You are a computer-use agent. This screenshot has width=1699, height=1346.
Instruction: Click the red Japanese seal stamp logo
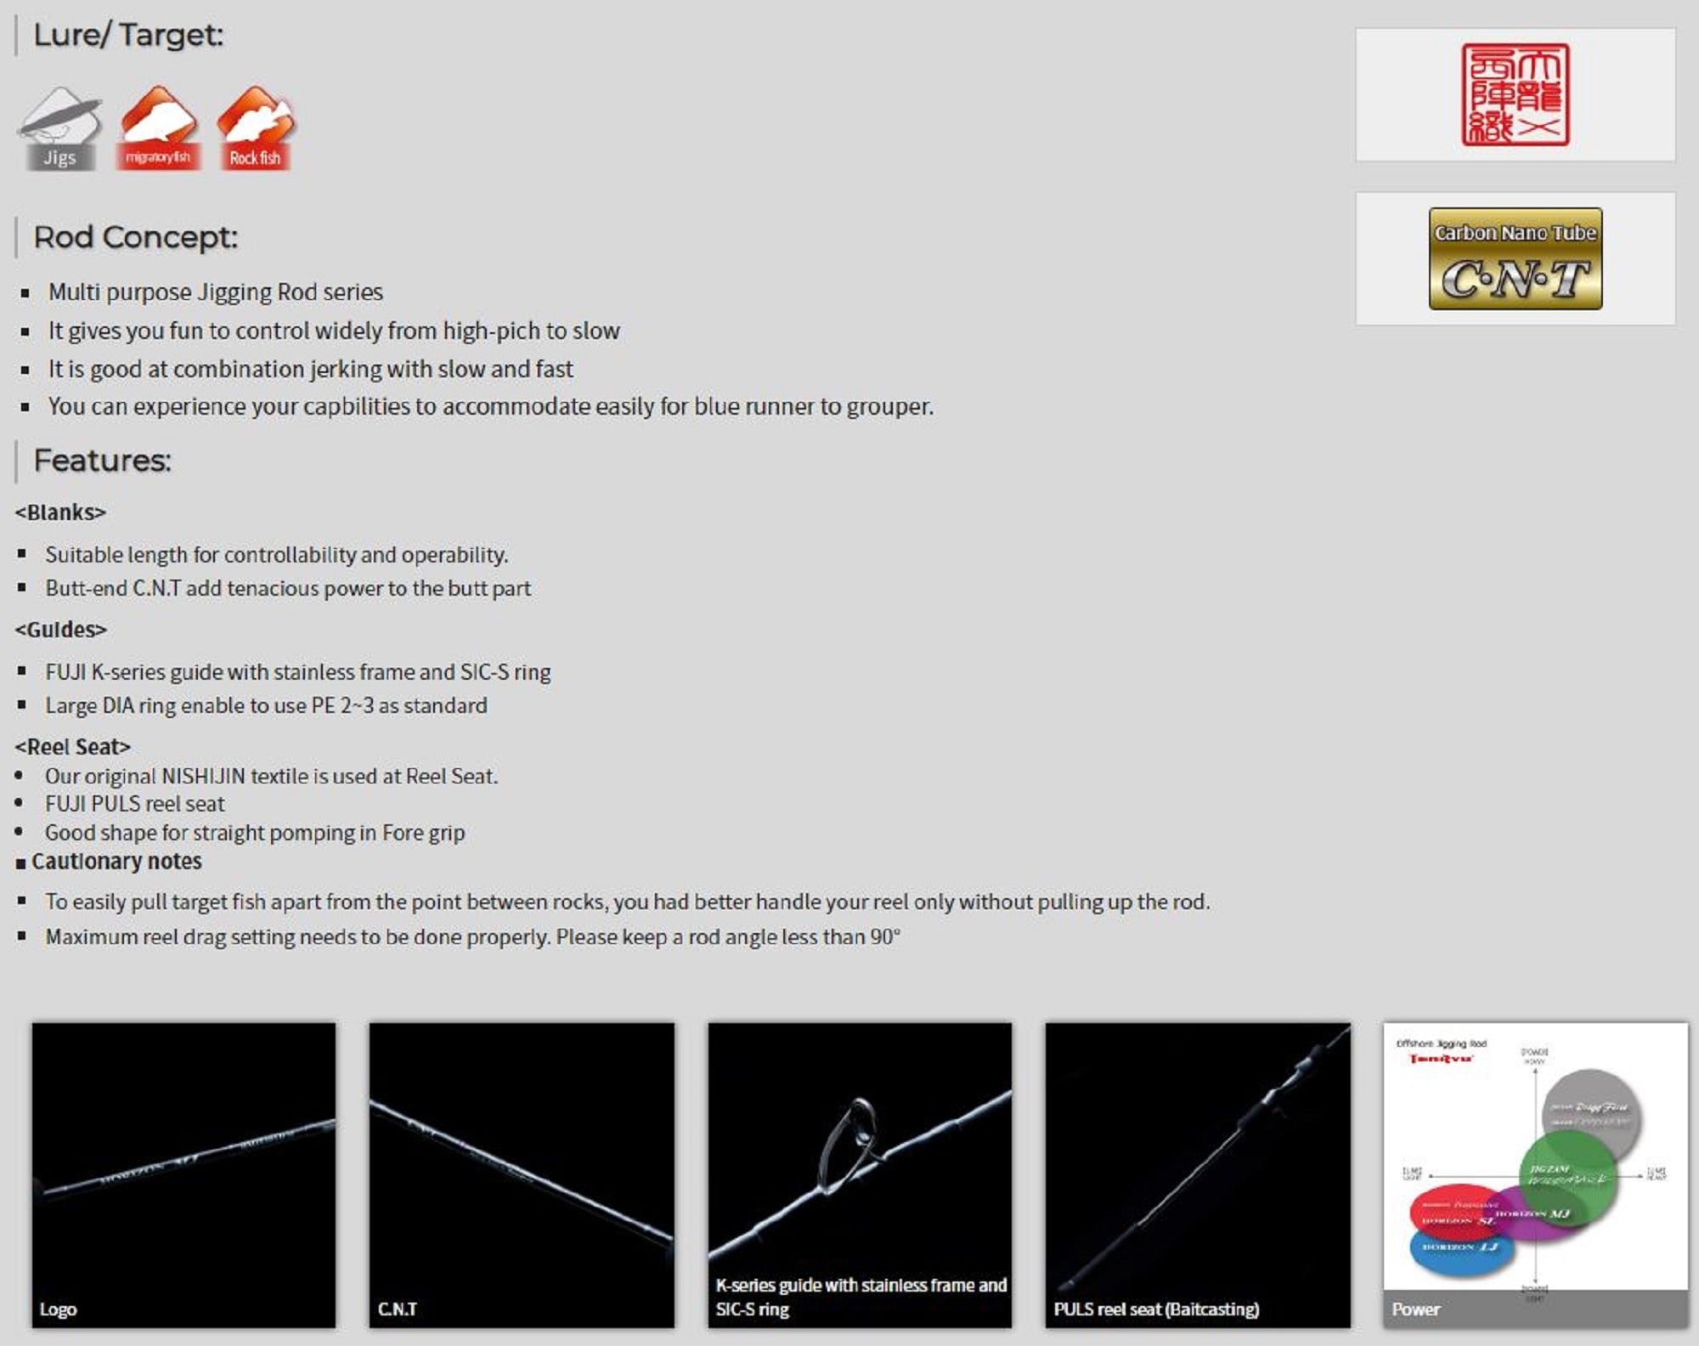click(1515, 94)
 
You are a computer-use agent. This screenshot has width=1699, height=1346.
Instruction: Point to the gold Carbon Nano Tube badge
click(1515, 258)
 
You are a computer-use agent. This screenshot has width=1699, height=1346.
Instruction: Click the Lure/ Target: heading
click(128, 35)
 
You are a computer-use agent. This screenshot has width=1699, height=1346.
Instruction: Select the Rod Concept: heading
click(135, 237)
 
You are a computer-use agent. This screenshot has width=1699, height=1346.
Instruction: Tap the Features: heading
click(102, 461)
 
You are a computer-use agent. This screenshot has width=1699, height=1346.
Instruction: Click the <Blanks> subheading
click(60, 512)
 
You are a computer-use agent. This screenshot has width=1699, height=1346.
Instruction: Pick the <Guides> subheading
click(61, 630)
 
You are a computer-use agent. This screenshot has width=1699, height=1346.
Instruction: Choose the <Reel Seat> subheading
click(73, 747)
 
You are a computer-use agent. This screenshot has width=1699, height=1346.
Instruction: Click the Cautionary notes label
click(116, 862)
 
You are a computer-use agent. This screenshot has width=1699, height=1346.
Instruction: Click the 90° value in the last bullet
click(884, 936)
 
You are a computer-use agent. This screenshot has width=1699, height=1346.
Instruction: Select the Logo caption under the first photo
click(58, 1309)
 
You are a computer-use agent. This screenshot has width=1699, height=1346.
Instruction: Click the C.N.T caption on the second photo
click(398, 1309)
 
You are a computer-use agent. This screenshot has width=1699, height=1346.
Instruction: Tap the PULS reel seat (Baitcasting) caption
click(1156, 1309)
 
